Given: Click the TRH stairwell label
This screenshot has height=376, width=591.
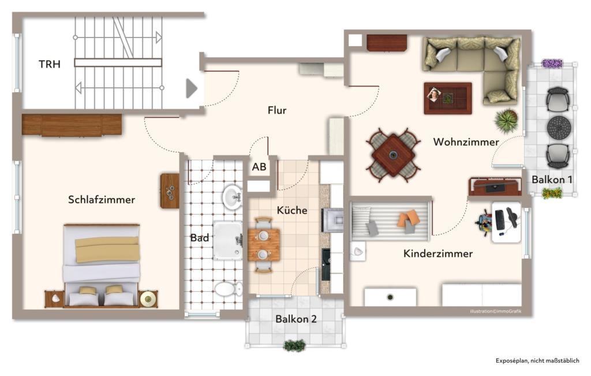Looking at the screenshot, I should [50, 64].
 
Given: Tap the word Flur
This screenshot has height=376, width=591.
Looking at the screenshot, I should [277, 110].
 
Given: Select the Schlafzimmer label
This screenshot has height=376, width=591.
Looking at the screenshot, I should [102, 200].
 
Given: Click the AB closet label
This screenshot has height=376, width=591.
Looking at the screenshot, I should [259, 167].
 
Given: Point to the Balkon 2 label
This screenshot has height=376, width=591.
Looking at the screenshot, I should [296, 318].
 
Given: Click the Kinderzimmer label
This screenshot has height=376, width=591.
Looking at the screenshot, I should [438, 254].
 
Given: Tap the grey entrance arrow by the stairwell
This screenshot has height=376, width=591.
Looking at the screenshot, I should [192, 88].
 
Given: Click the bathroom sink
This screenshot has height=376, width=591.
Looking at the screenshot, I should [233, 196].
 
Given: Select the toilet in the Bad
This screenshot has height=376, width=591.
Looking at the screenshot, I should [229, 288].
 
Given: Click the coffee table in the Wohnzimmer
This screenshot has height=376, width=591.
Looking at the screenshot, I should [448, 98].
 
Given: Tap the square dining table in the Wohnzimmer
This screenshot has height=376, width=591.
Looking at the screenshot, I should [393, 155].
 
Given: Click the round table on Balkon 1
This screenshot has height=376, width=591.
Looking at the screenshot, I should [558, 126].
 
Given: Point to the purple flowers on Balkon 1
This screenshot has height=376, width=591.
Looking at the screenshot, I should [552, 64].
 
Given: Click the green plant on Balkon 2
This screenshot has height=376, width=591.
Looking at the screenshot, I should [294, 345].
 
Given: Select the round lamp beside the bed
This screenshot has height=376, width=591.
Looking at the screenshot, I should [148, 298].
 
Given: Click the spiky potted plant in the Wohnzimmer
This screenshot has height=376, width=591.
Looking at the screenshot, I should [506, 121].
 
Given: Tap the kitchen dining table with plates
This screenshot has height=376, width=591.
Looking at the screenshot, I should [264, 244].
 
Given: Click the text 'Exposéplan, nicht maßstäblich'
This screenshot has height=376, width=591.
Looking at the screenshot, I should [537, 361].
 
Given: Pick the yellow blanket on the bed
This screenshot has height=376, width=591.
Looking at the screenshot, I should [107, 249].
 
